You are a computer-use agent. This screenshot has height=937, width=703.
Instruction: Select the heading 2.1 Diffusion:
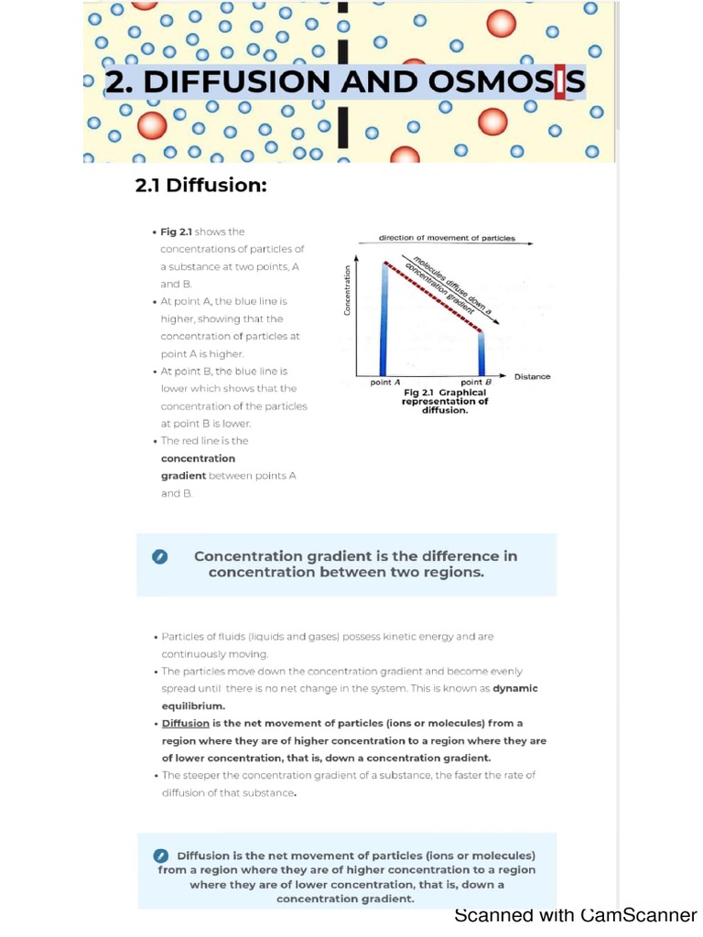tap(201, 186)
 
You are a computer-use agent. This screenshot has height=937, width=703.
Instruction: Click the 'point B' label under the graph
tap(476, 382)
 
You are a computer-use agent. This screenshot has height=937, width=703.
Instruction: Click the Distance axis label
tap(532, 377)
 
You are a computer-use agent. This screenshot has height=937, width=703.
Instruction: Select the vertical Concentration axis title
tap(347, 290)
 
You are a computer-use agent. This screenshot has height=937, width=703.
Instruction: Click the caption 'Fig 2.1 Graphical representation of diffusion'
tap(446, 401)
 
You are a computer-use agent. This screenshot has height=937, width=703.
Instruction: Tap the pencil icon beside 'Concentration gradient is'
tap(160, 556)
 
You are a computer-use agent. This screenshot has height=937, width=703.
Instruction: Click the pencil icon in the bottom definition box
tap(160, 856)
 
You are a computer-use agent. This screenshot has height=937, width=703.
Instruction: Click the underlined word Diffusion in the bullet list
tap(186, 723)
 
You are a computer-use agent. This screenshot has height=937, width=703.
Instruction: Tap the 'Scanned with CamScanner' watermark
tap(576, 915)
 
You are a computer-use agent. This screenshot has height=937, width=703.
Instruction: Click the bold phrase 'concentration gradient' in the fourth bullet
tap(198, 467)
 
